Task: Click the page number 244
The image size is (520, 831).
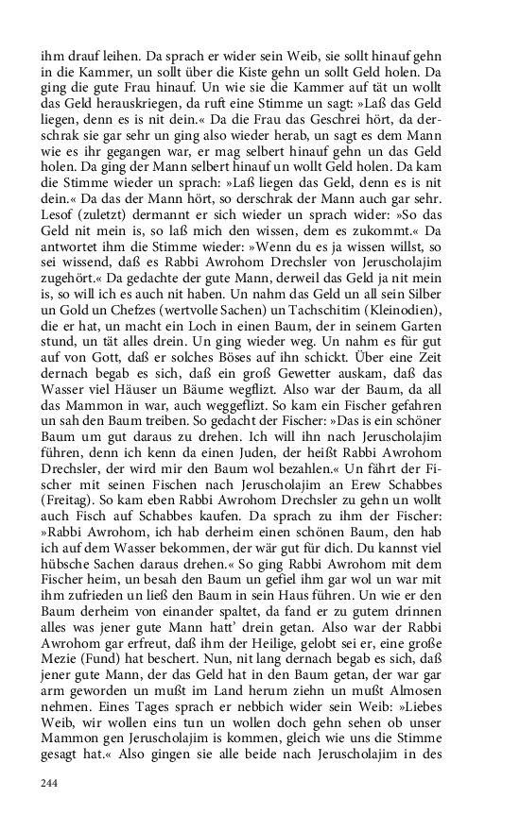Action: tap(49, 783)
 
